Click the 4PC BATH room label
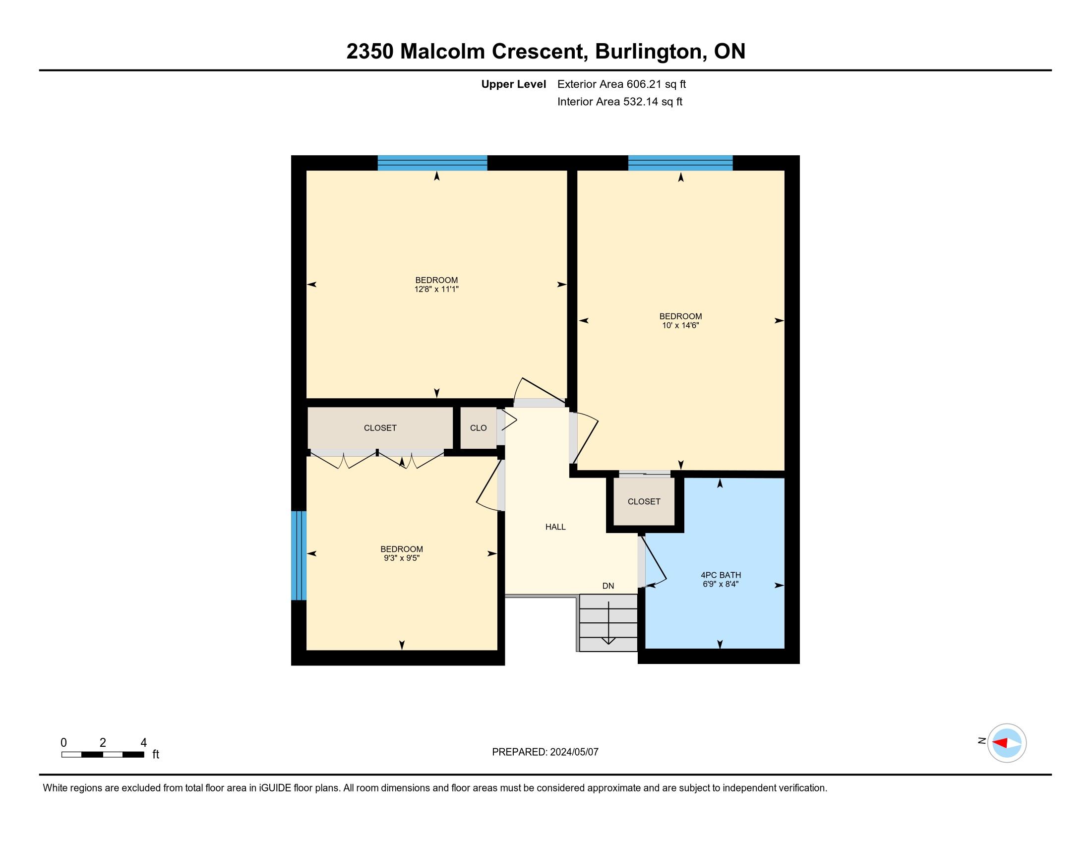pos(720,575)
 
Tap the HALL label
pos(555,526)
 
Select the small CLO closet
pos(478,428)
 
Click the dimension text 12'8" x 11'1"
pos(436,289)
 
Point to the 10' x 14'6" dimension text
pos(680,325)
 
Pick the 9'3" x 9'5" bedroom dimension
pos(402,558)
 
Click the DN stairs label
pos(608,586)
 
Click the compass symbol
pos(1007,743)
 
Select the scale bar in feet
pos(103,754)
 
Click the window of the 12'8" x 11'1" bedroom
pos(432,163)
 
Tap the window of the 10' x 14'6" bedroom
pos(680,163)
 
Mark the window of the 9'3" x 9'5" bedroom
pos(299,555)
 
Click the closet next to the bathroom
pos(644,501)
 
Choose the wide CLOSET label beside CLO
pos(380,428)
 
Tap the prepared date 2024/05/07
pos(574,752)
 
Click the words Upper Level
pos(514,84)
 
